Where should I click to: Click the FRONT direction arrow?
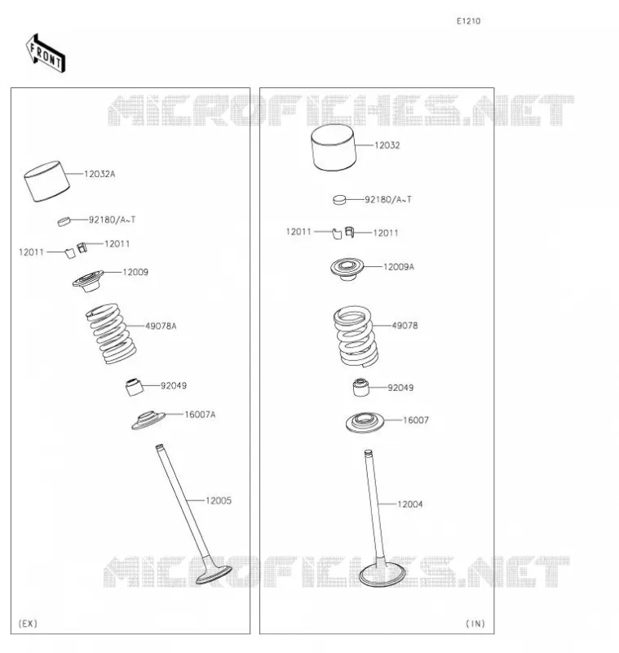pos(46,54)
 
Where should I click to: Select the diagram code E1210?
pos(468,21)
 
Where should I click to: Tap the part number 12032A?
pos(99,174)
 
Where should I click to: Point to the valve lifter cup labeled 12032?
pos(334,148)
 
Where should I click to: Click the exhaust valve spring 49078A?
pos(111,334)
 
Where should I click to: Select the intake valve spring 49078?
pos(356,336)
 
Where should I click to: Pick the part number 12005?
pos(219,500)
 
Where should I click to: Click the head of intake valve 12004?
pos(382,575)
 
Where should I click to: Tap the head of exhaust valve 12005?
pos(214,575)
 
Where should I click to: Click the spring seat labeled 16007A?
pos(148,420)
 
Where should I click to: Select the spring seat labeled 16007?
pos(365,423)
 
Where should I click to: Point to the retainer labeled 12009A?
pos(347,269)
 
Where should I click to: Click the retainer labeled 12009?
pos(88,281)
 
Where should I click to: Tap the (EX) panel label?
pos(29,623)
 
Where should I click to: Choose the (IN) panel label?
pos(475,623)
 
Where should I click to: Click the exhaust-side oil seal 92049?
pos(135,387)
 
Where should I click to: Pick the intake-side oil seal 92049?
pos(360,387)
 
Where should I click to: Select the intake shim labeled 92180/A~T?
pos(339,200)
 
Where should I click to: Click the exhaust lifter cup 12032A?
pos(46,181)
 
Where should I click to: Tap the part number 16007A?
pos(200,415)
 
